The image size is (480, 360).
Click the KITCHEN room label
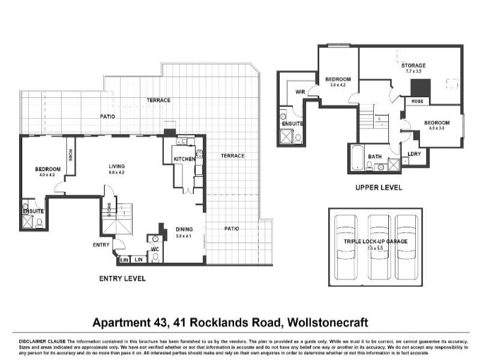(x=185, y=159)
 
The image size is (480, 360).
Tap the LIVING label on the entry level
(x=116, y=167)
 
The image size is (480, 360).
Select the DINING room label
(x=184, y=229)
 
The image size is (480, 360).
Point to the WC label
(x=154, y=249)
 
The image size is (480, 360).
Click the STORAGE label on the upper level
(x=414, y=65)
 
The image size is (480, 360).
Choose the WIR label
(x=300, y=92)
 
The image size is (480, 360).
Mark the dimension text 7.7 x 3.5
(x=414, y=71)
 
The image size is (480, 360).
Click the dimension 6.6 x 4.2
(x=116, y=173)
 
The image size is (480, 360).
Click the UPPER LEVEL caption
(x=379, y=188)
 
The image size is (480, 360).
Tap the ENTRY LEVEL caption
(x=122, y=278)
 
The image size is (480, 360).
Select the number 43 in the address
(x=154, y=322)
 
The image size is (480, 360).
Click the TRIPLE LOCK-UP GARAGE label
(x=375, y=241)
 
